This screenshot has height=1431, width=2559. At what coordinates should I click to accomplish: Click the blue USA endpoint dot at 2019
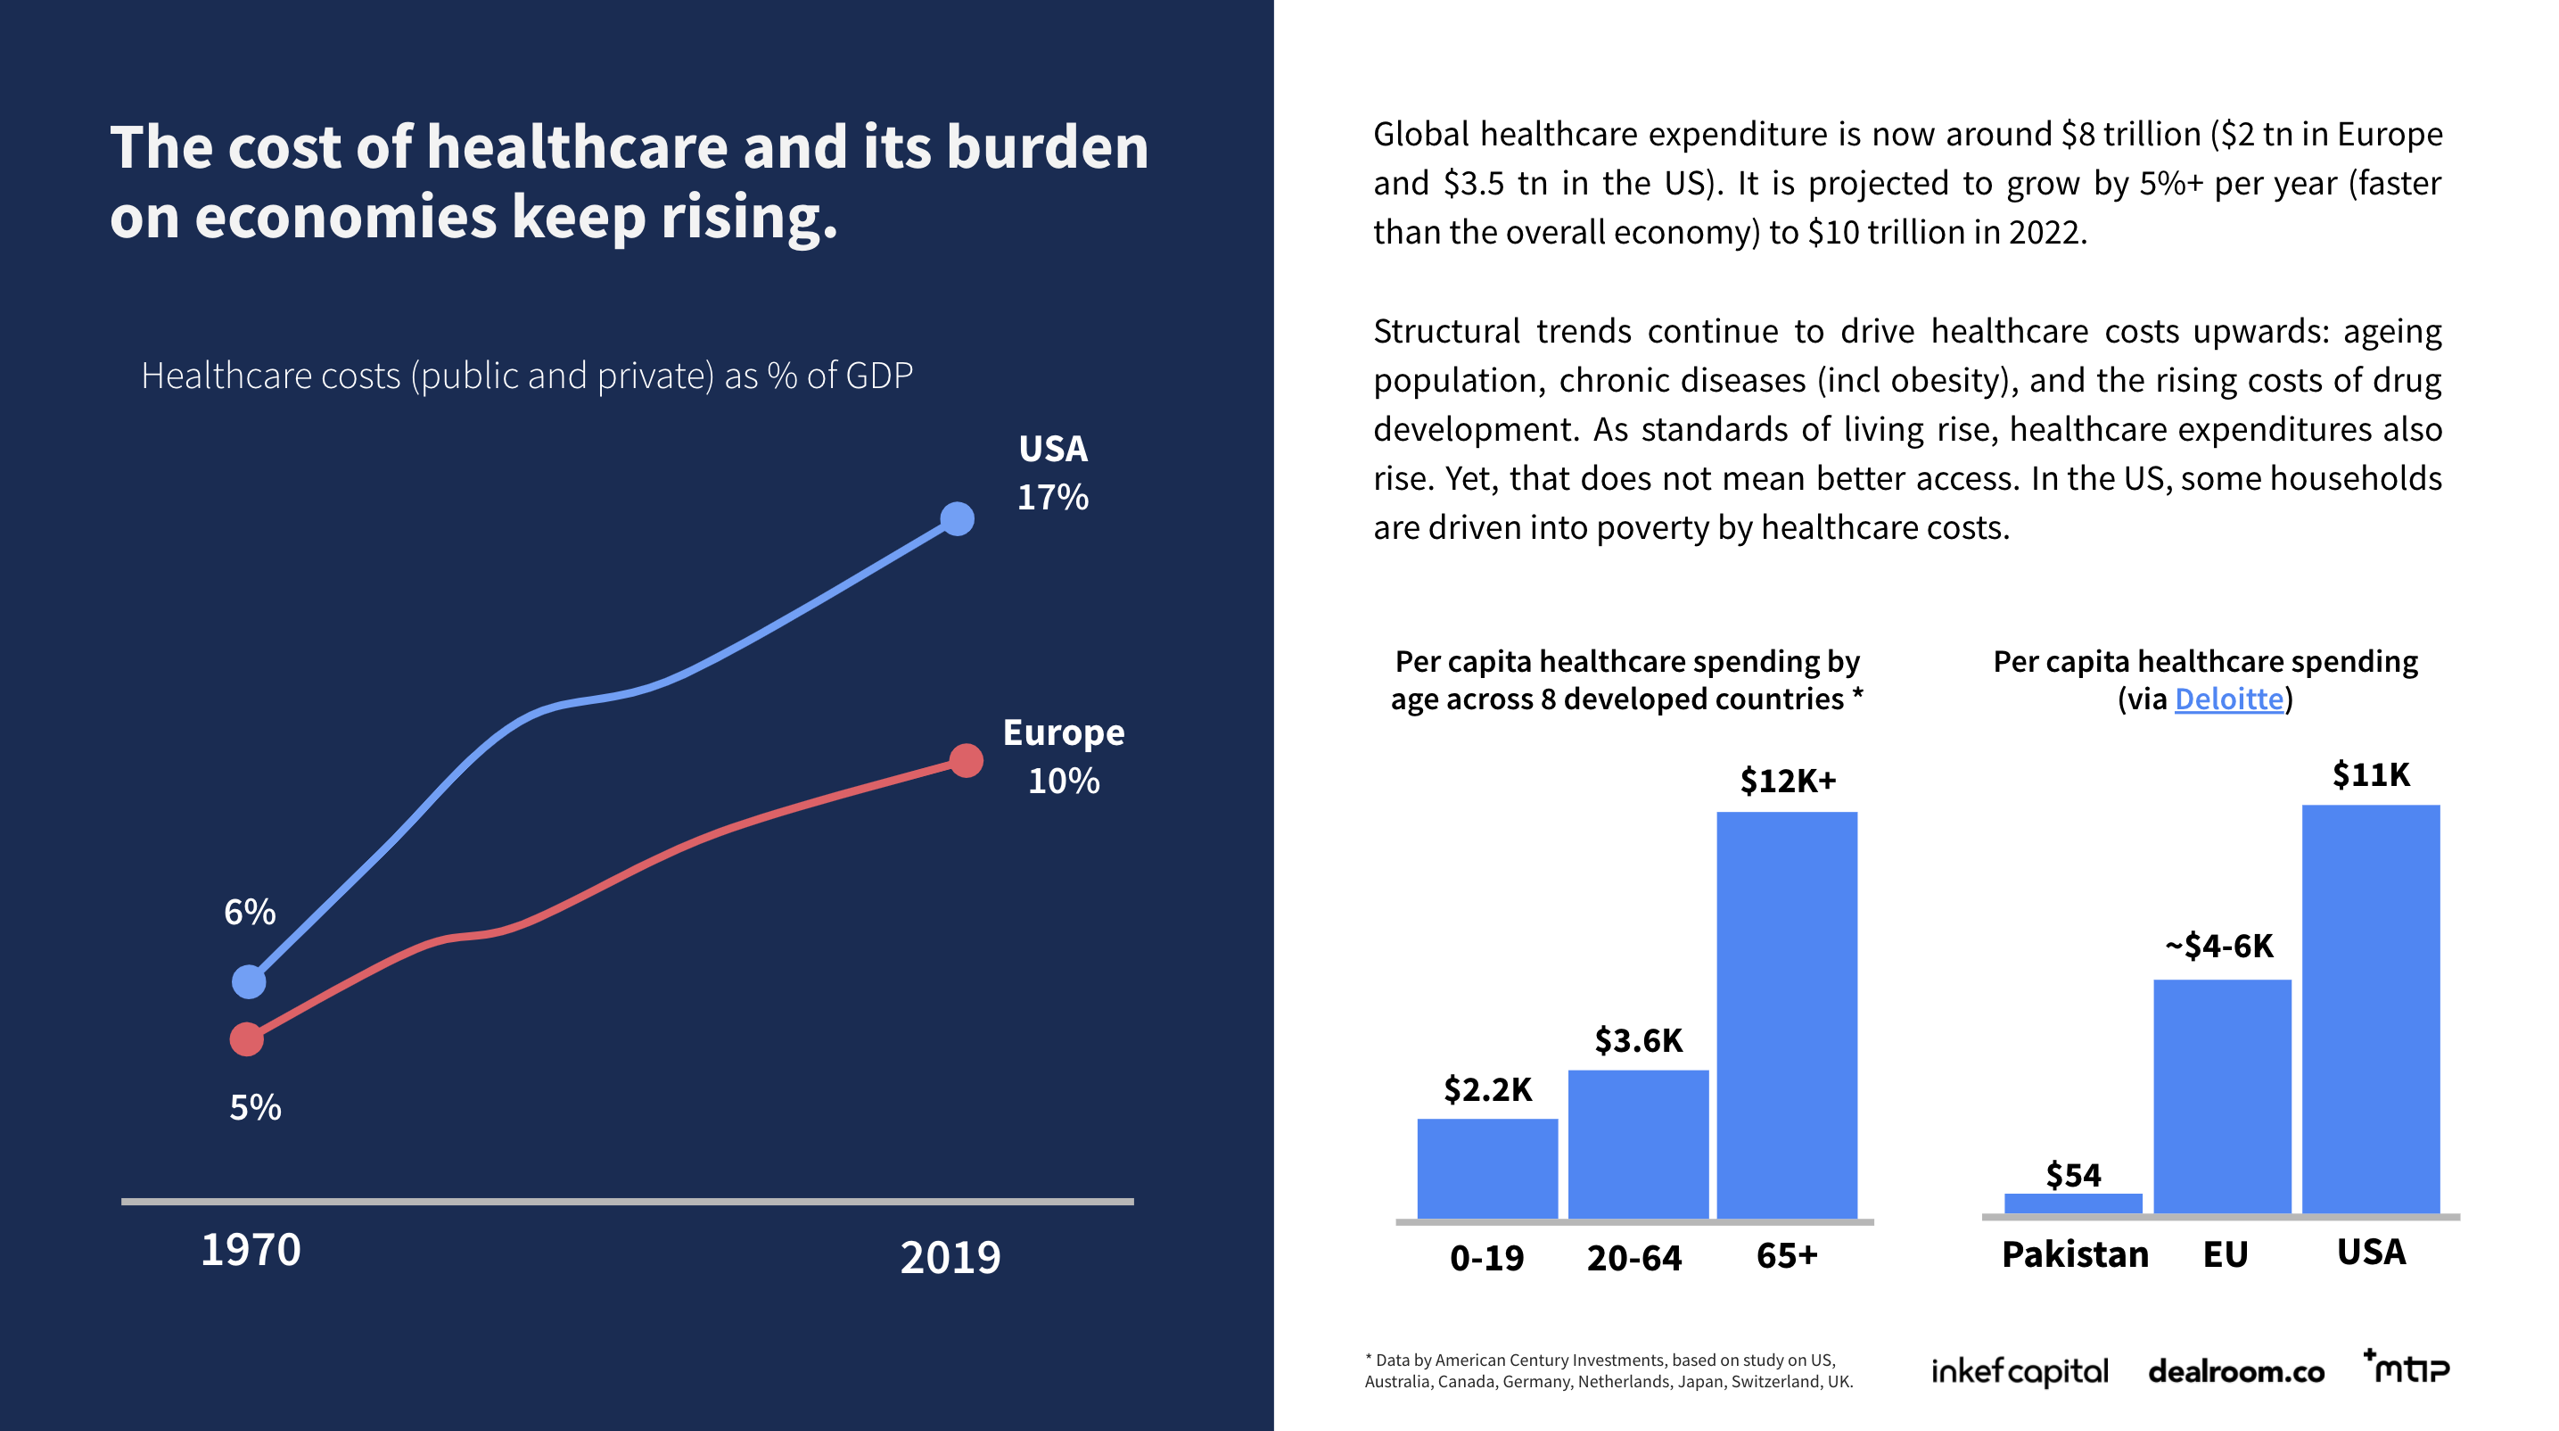tap(957, 518)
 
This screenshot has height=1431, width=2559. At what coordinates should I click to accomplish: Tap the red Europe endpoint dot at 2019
tap(966, 760)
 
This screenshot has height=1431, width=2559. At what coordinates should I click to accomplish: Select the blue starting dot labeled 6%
tap(249, 982)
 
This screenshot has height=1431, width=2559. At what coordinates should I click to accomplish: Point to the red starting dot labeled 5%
tap(246, 1039)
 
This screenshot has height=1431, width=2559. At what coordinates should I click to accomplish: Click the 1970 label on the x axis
tap(251, 1250)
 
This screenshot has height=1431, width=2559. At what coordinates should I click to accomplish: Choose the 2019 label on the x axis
tap(950, 1258)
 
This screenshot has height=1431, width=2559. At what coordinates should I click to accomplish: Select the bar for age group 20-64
tap(1638, 1144)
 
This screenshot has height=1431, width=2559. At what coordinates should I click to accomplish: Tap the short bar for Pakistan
tap(2073, 1204)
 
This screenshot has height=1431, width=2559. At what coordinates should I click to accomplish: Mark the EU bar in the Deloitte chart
tap(2222, 1096)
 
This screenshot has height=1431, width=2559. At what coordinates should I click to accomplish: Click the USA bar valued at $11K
tap(2370, 1009)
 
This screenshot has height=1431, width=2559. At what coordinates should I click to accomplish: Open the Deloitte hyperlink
tap(2228, 699)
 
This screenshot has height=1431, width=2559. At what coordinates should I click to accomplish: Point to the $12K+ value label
tap(1787, 782)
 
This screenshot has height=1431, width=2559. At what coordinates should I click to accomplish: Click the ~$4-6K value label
tap(2219, 946)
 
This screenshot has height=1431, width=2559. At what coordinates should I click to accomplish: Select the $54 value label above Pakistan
tap(2073, 1176)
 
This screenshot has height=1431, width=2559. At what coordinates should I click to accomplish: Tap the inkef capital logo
tap(2019, 1372)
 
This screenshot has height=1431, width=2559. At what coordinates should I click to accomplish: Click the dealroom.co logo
tap(2235, 1372)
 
